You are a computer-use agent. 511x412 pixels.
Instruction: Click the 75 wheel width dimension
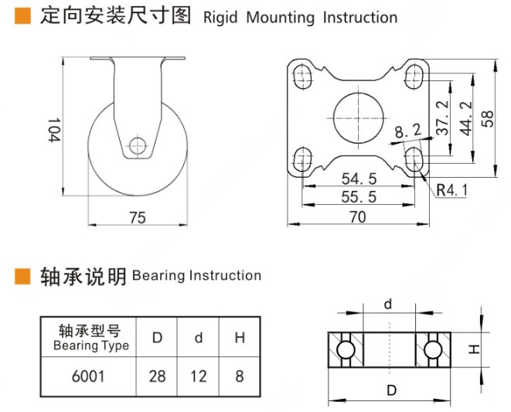tap(138, 218)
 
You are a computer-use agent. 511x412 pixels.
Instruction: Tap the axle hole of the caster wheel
tap(138, 145)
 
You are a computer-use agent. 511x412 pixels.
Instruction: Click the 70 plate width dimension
tap(357, 218)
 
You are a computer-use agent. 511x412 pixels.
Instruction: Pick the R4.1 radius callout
tap(452, 188)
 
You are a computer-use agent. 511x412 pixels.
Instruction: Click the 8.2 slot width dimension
tap(407, 132)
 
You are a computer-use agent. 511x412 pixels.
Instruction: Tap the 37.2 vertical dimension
tap(442, 118)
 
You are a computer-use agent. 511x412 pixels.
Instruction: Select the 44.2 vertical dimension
tap(465, 118)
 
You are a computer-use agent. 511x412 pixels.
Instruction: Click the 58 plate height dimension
tap(486, 118)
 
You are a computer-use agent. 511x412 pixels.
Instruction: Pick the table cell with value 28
tap(157, 376)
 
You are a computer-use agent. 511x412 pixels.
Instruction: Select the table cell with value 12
tap(199, 376)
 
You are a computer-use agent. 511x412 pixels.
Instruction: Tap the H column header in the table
tap(240, 338)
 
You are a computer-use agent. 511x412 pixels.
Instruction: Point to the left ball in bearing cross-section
tap(346, 351)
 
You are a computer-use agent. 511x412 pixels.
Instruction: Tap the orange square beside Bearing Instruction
tap(23, 276)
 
